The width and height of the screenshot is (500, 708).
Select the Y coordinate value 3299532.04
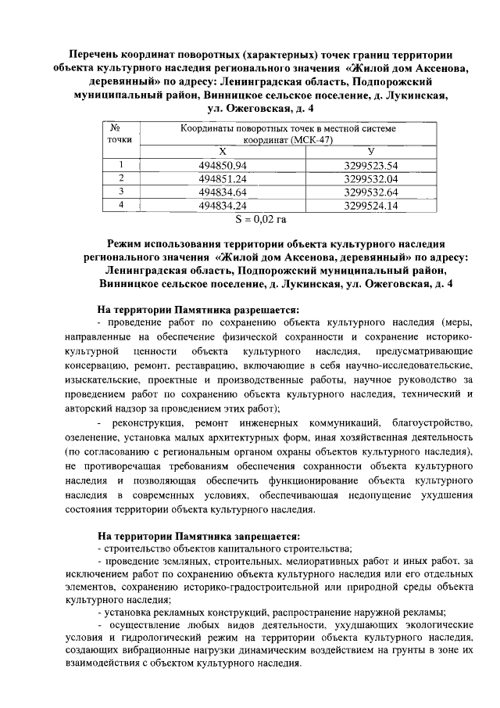tap(371, 178)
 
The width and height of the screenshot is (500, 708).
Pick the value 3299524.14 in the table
tap(371, 204)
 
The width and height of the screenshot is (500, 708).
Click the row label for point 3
tap(121, 191)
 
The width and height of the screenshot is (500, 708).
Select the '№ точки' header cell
tap(121, 133)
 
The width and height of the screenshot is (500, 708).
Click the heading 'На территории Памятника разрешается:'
tap(198, 307)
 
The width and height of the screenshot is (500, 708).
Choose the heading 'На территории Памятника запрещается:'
tap(198, 536)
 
